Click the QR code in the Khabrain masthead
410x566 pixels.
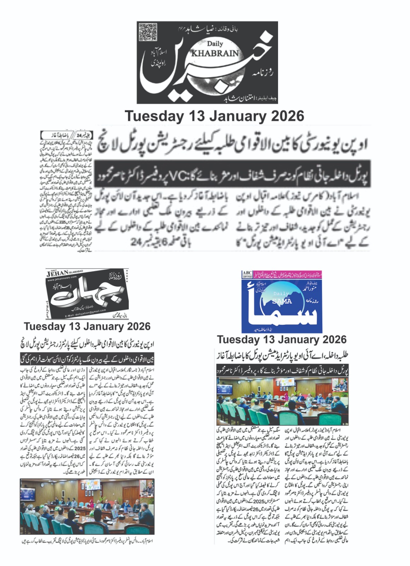point(148,32)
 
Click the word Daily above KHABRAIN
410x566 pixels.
point(215,44)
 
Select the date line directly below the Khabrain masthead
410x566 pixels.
point(214,116)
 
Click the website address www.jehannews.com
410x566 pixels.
point(62,279)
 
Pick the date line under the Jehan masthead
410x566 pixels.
point(87,326)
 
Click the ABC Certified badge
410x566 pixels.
point(247,275)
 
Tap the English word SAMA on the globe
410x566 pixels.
point(282,301)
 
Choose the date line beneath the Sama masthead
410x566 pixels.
point(282,340)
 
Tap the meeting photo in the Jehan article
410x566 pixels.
point(87,506)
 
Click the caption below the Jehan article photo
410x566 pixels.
point(87,542)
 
